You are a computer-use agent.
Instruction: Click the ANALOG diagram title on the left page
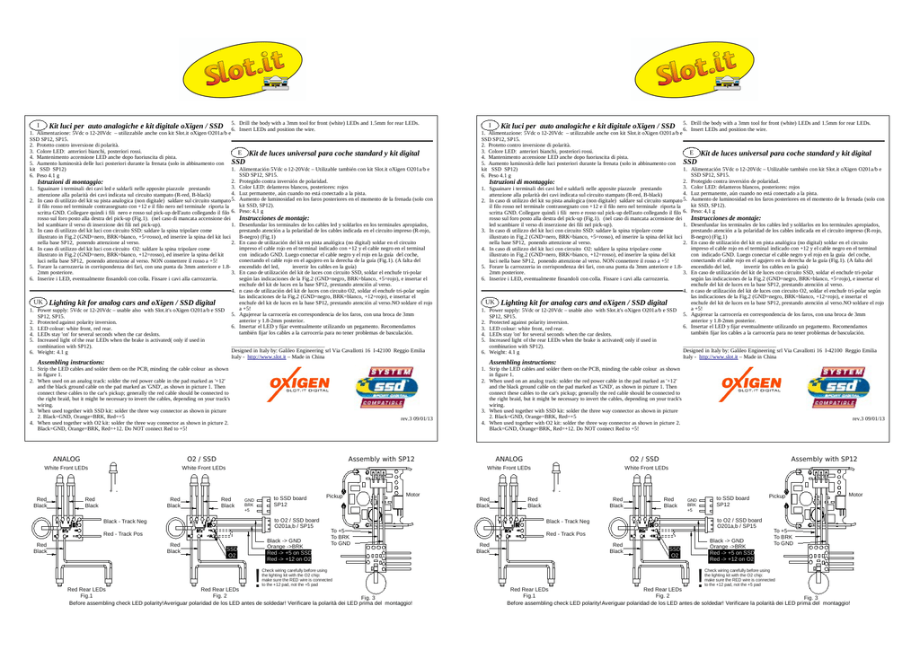click(67, 459)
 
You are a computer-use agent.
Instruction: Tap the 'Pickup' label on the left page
click(334, 496)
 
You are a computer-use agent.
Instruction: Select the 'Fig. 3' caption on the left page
click(368, 598)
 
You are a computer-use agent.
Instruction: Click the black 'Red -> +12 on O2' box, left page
click(287, 559)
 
